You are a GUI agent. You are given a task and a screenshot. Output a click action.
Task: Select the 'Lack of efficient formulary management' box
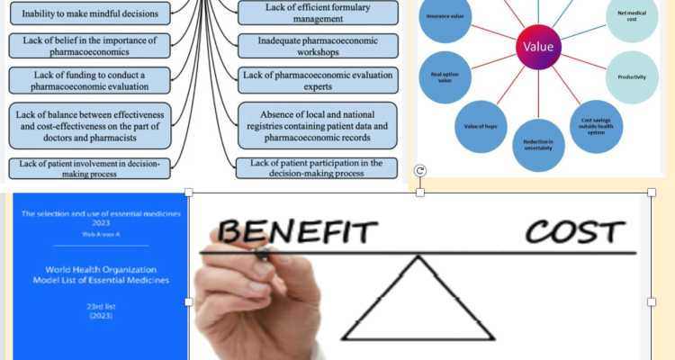tap(319, 13)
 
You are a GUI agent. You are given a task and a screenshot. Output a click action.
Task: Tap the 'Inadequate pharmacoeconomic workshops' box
tap(319, 47)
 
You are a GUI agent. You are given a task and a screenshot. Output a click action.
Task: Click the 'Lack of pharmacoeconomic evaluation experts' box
tap(319, 80)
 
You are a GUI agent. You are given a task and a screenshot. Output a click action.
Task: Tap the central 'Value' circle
tap(538, 46)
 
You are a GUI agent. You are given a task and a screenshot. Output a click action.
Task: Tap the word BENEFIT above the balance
tap(296, 233)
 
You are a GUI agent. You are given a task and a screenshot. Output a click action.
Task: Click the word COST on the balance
tap(575, 232)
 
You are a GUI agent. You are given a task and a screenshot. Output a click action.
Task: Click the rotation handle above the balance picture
tap(420, 171)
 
